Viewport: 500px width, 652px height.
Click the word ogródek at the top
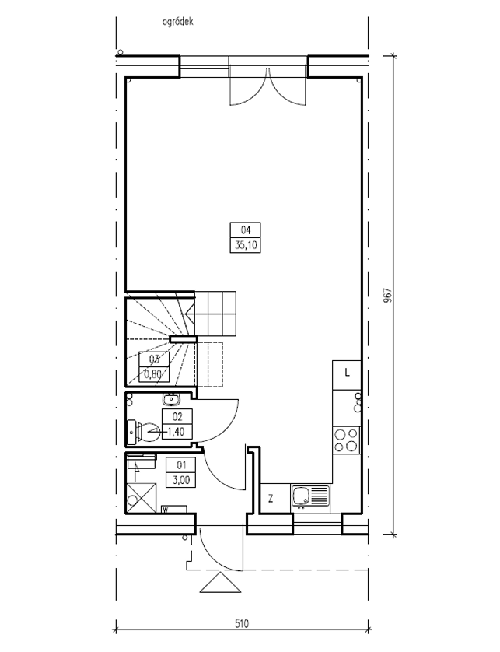click(x=177, y=22)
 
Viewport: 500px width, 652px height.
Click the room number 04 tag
click(x=245, y=230)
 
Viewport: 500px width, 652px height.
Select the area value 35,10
click(x=246, y=245)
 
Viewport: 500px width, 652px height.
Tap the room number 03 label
click(x=154, y=359)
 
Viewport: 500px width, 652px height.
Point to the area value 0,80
click(x=152, y=373)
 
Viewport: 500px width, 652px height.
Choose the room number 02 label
click(x=177, y=416)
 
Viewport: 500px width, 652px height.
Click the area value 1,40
click(x=176, y=432)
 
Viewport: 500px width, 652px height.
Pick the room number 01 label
click(x=181, y=465)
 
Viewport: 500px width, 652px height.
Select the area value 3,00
click(x=181, y=480)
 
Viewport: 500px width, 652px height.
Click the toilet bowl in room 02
click(x=145, y=433)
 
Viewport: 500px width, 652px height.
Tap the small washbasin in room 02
click(x=170, y=400)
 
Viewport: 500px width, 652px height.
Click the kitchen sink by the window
click(x=310, y=496)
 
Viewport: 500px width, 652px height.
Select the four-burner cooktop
click(x=346, y=440)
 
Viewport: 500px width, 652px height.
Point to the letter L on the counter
click(x=347, y=373)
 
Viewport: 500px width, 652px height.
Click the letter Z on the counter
click(x=271, y=499)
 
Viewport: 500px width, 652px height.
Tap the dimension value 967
click(x=386, y=295)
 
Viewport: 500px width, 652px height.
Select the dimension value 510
click(x=242, y=624)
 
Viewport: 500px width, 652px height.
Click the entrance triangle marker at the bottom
click(x=220, y=582)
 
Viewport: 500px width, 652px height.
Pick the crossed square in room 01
click(x=142, y=498)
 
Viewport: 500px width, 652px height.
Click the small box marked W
click(x=174, y=510)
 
